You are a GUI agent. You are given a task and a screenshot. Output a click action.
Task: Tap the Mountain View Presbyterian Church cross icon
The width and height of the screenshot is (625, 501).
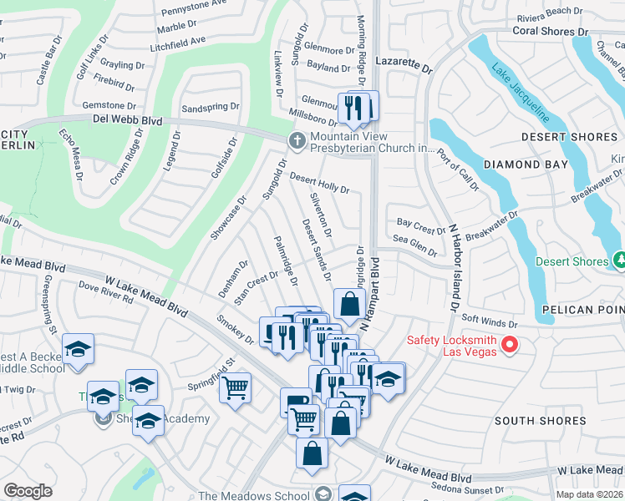[x=296, y=139]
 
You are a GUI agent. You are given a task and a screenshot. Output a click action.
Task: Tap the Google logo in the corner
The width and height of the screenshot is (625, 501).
[x=28, y=491]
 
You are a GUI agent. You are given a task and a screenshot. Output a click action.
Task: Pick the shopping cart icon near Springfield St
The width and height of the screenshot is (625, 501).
[x=236, y=387]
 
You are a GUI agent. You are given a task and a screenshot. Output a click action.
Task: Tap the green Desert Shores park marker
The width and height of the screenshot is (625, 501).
[x=618, y=261]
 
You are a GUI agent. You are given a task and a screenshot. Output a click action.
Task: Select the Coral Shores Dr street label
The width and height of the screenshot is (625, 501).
[x=550, y=31]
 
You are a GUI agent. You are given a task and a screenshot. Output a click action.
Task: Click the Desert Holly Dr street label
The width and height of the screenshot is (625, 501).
[x=319, y=183]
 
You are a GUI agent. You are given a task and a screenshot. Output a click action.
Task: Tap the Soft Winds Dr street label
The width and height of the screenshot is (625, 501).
[x=490, y=321]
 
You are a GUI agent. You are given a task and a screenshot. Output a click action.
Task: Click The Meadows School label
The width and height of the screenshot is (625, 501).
[x=253, y=496]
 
